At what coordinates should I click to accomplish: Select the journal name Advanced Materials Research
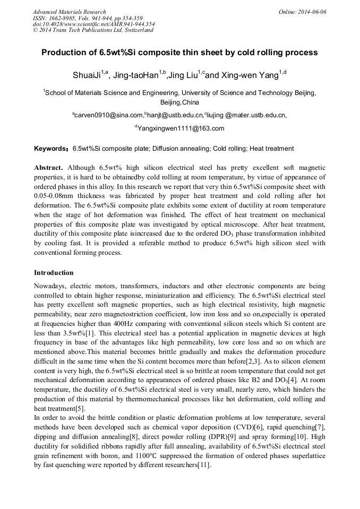click(69, 12)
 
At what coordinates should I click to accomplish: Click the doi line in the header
click(93, 24)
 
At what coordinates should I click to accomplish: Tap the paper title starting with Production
click(179, 53)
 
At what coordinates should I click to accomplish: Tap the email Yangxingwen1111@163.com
click(181, 128)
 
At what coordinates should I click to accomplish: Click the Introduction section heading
click(54, 273)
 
